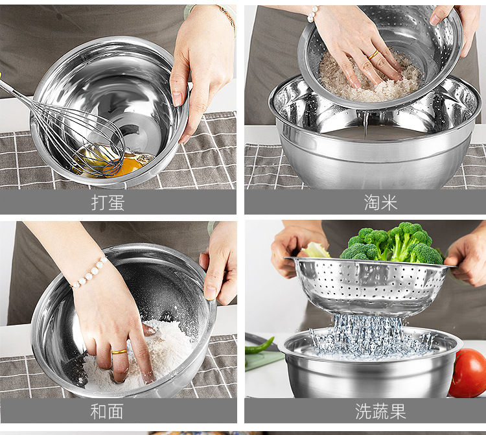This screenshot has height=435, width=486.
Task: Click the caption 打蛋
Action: point(108,202)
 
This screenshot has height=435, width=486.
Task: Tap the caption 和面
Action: point(108,411)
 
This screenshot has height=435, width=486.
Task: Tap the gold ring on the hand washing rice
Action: point(374,56)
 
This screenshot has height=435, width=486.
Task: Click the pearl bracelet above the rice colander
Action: point(312,14)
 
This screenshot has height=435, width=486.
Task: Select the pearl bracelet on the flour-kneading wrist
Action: point(89,273)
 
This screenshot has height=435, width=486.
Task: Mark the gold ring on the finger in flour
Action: point(119,351)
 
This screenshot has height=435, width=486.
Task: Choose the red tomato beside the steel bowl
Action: point(468,373)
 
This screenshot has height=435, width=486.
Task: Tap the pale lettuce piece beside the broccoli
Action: point(315,250)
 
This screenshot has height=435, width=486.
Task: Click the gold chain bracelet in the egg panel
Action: point(227,16)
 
